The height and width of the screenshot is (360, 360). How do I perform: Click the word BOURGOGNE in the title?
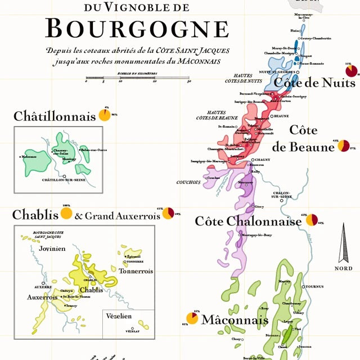coord(137,28)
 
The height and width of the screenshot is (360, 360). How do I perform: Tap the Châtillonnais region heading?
coord(55,116)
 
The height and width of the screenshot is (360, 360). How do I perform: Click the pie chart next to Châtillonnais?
coord(104,115)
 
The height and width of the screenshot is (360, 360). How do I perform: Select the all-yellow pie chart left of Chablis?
coord(66,214)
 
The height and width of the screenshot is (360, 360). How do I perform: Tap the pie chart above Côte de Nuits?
coord(352,71)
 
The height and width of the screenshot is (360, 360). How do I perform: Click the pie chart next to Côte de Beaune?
coord(344,146)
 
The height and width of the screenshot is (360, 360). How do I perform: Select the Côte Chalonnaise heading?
coord(248,221)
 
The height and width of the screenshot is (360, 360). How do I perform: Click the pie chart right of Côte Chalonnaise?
coord(312,220)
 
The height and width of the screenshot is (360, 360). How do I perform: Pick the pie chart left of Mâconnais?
coord(192,318)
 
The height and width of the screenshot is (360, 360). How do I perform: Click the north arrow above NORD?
coord(343,243)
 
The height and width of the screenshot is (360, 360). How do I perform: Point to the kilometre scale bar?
coord(137,78)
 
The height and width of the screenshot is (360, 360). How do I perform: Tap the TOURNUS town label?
coord(315,286)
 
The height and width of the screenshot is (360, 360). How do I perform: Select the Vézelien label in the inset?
coord(119,317)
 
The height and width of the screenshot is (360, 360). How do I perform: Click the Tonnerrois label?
coord(136,271)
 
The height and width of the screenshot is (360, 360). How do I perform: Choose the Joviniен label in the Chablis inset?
coord(49,248)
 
